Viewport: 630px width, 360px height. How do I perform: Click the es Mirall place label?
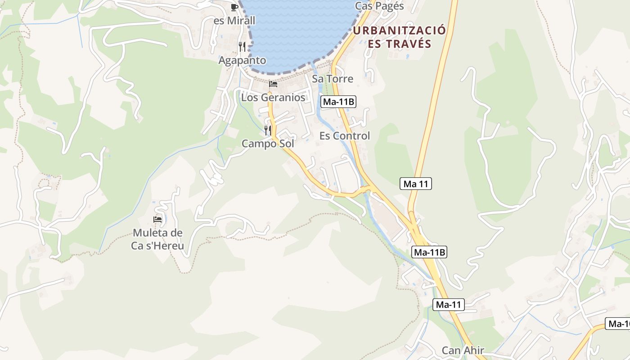(234, 21)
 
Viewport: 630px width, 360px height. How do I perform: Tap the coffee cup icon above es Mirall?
(234, 7)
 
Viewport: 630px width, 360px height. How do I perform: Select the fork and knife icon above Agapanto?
(242, 46)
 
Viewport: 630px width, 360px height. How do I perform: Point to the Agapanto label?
(242, 60)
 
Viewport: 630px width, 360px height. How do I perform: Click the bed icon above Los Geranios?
(273, 84)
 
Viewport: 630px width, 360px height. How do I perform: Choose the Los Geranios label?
(273, 97)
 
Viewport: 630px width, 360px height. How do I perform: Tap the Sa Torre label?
(333, 79)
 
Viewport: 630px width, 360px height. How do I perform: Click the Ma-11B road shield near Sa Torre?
(338, 102)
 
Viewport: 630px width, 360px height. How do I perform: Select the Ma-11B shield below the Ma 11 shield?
(429, 252)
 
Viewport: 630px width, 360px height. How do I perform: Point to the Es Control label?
(345, 136)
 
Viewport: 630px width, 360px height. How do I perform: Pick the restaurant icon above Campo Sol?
(268, 130)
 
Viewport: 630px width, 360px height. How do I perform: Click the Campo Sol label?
(268, 144)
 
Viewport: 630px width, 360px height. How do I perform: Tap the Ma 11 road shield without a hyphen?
(415, 184)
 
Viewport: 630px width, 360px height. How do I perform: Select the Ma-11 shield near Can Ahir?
(449, 305)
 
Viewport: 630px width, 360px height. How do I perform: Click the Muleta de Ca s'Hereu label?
(157, 239)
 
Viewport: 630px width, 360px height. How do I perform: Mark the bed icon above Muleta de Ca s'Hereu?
(157, 220)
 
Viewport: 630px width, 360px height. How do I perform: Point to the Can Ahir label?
(463, 351)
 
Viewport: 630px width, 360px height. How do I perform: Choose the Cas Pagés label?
(379, 6)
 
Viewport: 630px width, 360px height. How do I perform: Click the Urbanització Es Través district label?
(400, 37)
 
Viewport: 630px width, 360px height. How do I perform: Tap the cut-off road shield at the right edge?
(618, 324)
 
